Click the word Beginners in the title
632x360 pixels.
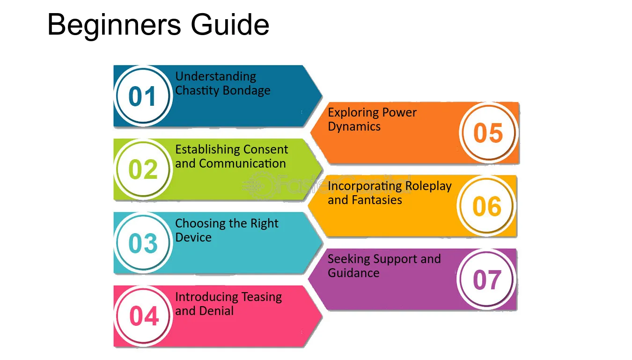[114, 25]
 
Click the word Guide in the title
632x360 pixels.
[230, 24]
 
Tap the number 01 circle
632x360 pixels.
[143, 96]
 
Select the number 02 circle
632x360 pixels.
[143, 169]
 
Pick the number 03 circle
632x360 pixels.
[143, 242]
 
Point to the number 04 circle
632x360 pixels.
[143, 316]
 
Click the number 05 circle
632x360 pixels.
[489, 132]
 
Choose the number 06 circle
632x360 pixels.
[486, 206]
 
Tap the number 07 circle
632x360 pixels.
[486, 279]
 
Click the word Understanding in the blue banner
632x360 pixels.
[215, 77]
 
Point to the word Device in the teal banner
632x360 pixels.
[193, 237]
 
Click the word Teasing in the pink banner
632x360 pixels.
[262, 297]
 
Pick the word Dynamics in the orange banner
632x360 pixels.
[354, 127]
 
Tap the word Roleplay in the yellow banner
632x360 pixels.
[428, 186]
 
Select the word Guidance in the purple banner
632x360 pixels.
[353, 273]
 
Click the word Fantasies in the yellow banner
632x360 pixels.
[377, 200]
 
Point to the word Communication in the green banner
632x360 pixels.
[243, 163]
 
